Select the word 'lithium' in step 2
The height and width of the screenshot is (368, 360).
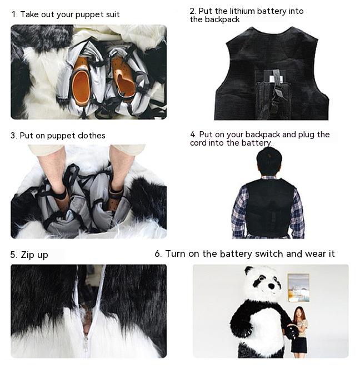243,11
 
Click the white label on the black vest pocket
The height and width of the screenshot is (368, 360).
276,79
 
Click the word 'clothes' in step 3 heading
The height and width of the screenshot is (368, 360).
89,136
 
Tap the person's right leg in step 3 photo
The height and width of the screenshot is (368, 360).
119,167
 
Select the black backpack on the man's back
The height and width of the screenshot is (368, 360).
269,206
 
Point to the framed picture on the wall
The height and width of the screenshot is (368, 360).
298,287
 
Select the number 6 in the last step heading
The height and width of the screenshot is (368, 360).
158,254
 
